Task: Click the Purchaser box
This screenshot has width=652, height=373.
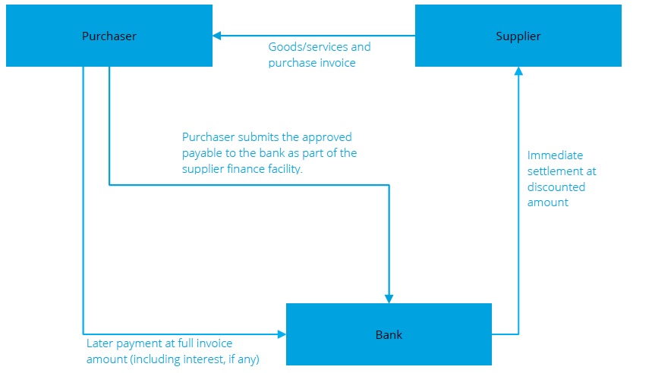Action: coord(109,36)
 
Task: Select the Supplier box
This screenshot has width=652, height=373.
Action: coord(518,36)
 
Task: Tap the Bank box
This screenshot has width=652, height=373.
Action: coord(389,334)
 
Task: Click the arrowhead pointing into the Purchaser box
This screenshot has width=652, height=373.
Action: coord(217,36)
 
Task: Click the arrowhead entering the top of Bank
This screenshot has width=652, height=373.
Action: coord(389,298)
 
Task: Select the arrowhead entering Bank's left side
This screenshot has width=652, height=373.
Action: coord(281,334)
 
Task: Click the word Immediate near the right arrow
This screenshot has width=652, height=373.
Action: coord(555,155)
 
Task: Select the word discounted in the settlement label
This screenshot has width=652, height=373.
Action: coord(556,187)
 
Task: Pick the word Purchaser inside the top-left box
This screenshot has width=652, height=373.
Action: coord(109,36)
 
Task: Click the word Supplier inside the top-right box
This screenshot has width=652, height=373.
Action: coord(518,36)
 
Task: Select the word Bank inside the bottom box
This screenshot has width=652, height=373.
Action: coord(389,334)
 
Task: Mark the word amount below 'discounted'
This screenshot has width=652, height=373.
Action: coord(547,203)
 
